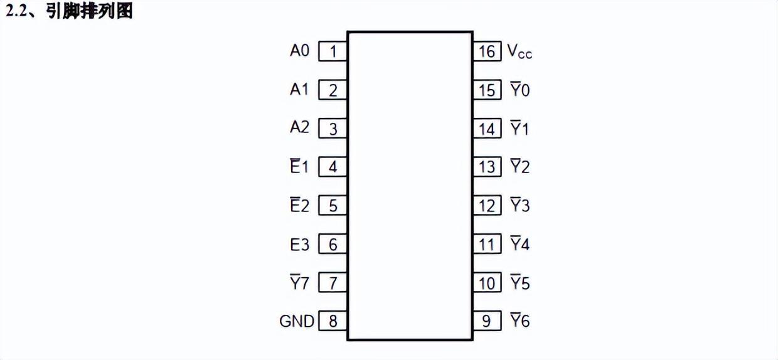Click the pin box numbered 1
333,51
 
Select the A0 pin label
299,51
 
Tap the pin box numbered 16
487,51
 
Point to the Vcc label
520,52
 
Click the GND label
297,322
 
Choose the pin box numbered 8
333,322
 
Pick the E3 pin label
299,245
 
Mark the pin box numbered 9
487,322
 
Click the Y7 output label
299,283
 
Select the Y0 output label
520,90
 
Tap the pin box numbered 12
487,206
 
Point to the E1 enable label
299,167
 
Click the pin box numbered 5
333,206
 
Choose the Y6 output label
520,322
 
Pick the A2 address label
299,127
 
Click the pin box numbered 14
487,129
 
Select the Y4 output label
520,245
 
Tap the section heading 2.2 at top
69,11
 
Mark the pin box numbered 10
487,283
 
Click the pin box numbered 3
333,129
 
